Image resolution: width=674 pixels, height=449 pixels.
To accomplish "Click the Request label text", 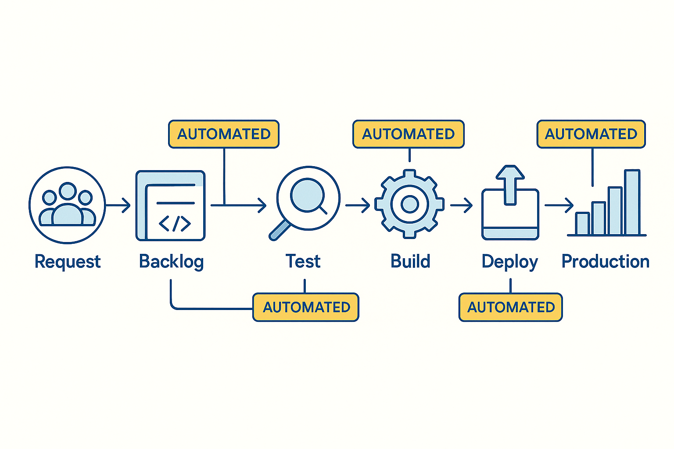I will pos(68,262).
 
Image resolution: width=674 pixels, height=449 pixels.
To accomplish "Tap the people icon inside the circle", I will pos(68,205).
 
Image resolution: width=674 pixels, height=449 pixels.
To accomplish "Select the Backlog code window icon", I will pos(171,206).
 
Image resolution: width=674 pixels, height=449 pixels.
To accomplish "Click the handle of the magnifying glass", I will pos(279,231).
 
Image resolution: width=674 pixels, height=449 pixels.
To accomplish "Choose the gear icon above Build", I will pos(409,204).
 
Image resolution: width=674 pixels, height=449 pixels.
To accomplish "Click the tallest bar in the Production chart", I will pos(632,203).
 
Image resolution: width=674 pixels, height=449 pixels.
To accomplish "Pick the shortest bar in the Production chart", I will pos(582,224).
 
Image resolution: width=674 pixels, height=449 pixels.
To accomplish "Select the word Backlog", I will pos(171,262).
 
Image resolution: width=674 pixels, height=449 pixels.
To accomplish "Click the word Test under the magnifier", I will pos(303,261).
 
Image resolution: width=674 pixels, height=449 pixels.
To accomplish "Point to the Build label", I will pos(410,261).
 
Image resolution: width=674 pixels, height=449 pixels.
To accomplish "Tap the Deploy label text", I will pos(509,262).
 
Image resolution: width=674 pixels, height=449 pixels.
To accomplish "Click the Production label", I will pos(606,261).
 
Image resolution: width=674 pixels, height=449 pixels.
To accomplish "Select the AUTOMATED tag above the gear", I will pos(409,134).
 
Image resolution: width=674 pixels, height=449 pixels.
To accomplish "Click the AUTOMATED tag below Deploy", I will pos(511,307).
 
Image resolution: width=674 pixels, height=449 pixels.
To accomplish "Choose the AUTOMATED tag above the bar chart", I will pos(591,134).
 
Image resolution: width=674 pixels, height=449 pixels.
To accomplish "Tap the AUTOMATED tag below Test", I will pos(306,307).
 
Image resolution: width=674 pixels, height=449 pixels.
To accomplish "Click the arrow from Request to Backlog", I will pos(118,205).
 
